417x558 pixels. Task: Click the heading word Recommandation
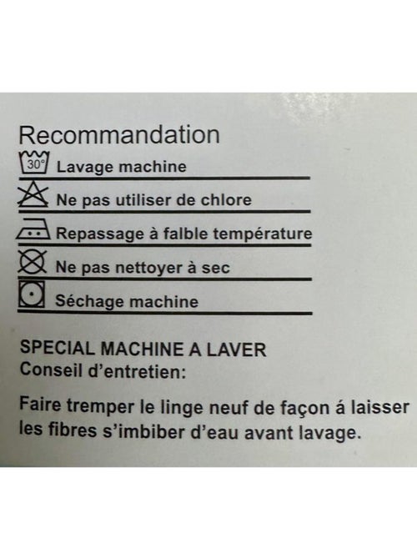coord(119,135)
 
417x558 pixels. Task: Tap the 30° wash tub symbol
coord(34,163)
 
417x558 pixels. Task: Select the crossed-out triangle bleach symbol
coord(33,194)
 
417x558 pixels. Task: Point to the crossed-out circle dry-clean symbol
coord(33,262)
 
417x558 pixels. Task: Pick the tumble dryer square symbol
coord(32,294)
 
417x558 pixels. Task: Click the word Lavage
coord(79,168)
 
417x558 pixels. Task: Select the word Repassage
coord(94,234)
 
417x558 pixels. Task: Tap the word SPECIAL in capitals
coord(58,348)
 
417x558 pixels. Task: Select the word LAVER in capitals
coord(236,349)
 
